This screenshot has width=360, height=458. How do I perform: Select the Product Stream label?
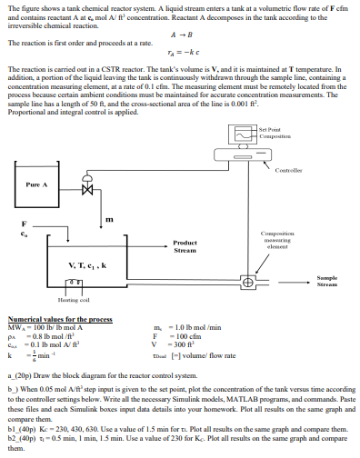[x=185, y=246]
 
